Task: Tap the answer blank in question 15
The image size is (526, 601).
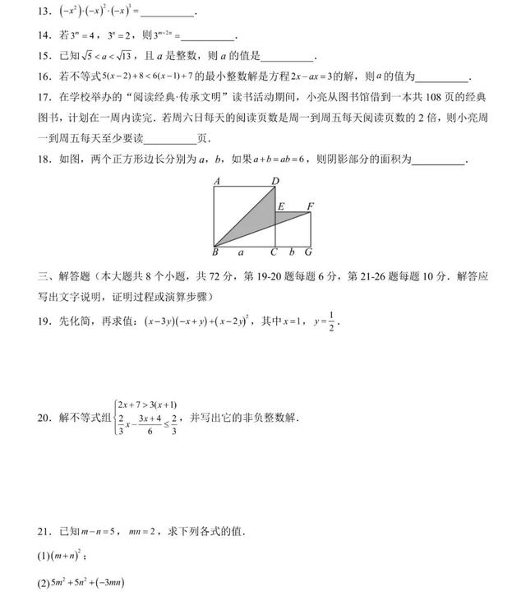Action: pyautogui.click(x=287, y=58)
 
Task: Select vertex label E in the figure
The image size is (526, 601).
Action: pyautogui.click(x=281, y=206)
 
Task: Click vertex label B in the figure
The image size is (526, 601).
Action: pyautogui.click(x=215, y=252)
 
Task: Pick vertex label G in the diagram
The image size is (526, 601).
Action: pyautogui.click(x=308, y=252)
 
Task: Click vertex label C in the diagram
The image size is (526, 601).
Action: pyautogui.click(x=275, y=252)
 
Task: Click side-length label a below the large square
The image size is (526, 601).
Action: pyautogui.click(x=241, y=252)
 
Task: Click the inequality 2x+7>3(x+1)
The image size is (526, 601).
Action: pyautogui.click(x=147, y=405)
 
